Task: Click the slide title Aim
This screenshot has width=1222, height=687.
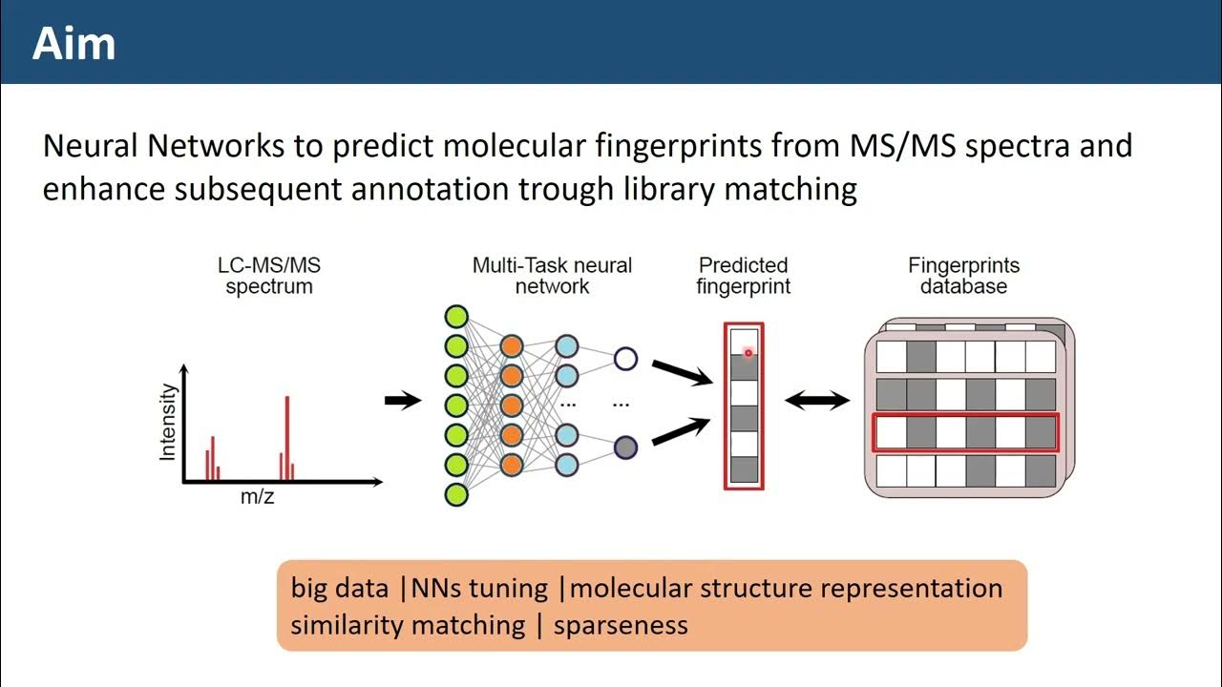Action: [74, 44]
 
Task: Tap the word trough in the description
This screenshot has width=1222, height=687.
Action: [566, 189]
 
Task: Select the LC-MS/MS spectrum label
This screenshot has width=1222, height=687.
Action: [268, 276]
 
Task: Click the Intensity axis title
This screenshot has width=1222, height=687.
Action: [169, 423]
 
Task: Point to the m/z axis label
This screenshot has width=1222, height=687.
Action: [257, 497]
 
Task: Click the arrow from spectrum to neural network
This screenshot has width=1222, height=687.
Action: [402, 400]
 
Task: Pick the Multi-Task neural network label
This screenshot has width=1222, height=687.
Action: [552, 276]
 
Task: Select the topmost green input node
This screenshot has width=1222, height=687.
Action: [456, 316]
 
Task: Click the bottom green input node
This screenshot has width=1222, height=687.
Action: [456, 494]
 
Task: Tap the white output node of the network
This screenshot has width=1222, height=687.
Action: [625, 359]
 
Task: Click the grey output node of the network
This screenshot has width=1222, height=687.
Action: [625, 446]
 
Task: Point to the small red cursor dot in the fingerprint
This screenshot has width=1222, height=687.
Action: [748, 353]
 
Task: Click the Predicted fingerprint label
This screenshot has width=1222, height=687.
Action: [743, 276]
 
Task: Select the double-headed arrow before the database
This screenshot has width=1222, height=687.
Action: [817, 400]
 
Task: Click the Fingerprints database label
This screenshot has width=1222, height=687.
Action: [963, 276]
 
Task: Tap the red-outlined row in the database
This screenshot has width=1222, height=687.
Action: [965, 432]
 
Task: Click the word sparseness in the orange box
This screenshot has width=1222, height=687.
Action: [621, 625]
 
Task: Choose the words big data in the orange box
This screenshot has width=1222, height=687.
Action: [340, 588]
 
